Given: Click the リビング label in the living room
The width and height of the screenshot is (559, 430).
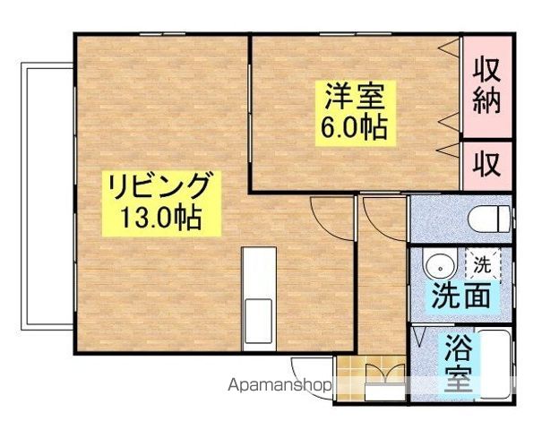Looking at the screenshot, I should (160, 187).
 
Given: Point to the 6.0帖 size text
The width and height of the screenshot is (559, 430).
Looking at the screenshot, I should (355, 127).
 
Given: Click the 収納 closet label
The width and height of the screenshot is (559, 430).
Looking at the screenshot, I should (486, 85).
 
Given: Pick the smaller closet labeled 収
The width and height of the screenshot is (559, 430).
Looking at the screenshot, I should (486, 164).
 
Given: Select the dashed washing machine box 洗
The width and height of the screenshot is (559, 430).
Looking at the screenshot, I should (482, 266).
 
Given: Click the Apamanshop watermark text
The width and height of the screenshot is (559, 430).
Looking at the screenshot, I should (280, 385).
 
